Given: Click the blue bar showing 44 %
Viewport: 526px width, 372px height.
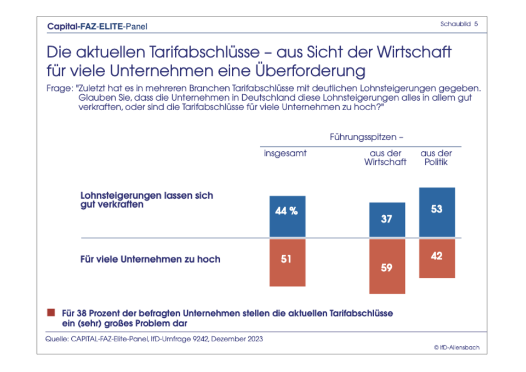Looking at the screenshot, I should point(287,216).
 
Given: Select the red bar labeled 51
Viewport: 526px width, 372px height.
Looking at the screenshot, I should point(287,262).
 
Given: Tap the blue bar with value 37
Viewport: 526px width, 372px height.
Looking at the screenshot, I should point(387,220).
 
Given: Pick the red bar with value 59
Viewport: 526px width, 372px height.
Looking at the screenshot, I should point(387,266).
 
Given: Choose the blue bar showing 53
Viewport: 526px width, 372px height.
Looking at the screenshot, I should point(437,213).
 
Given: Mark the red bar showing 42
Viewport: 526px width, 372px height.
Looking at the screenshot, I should point(437,258).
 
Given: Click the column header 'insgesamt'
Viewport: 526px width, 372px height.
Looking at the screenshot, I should point(285,153).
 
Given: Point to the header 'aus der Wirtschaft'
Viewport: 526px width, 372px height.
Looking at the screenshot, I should point(385,158).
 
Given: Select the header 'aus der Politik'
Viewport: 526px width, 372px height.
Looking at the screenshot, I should point(436,158).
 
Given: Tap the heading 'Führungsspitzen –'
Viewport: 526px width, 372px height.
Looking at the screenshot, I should point(367,136).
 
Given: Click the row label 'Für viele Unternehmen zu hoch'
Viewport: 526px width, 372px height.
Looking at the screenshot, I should point(151,259).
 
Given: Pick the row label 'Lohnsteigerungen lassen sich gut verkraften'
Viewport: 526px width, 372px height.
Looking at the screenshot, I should point(147,200).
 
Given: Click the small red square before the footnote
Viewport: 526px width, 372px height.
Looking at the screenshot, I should point(52,313).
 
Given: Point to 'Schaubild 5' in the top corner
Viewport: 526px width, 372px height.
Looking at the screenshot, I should point(459,24).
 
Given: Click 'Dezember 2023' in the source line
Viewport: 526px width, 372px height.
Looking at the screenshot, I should point(239,339).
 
